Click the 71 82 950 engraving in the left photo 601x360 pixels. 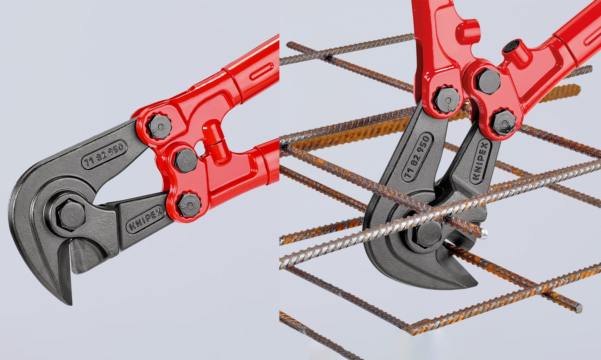coord(104,155)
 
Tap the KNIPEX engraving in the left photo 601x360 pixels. coord(146,219)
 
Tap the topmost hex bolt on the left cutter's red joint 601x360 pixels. coord(160,127)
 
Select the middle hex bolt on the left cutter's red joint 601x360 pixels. coord(186,161)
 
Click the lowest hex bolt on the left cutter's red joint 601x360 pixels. coord(189,205)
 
